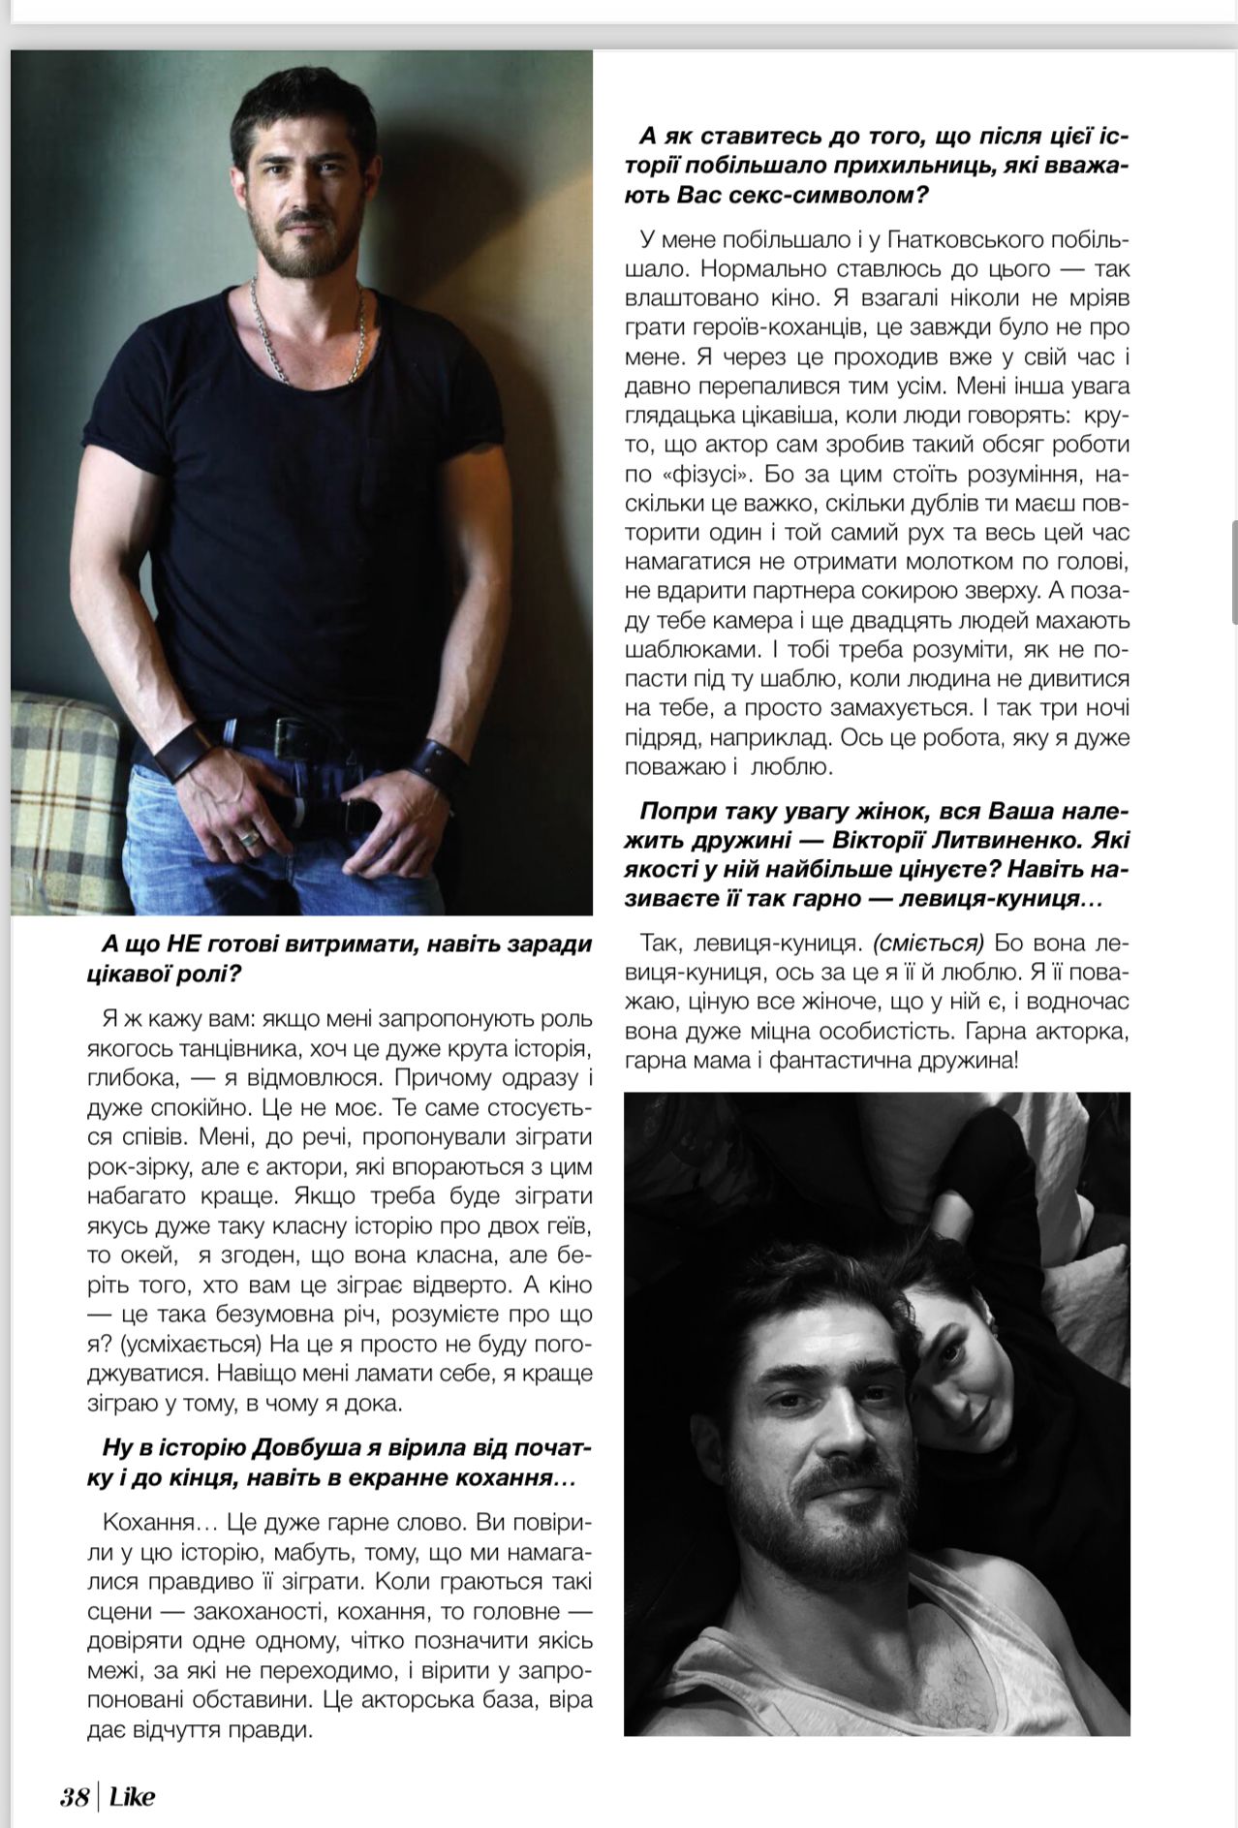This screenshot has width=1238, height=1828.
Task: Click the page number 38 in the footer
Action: click(x=74, y=1798)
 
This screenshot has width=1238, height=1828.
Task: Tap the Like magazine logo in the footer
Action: click(x=132, y=1798)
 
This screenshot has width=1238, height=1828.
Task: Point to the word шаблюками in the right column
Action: click(x=687, y=649)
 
